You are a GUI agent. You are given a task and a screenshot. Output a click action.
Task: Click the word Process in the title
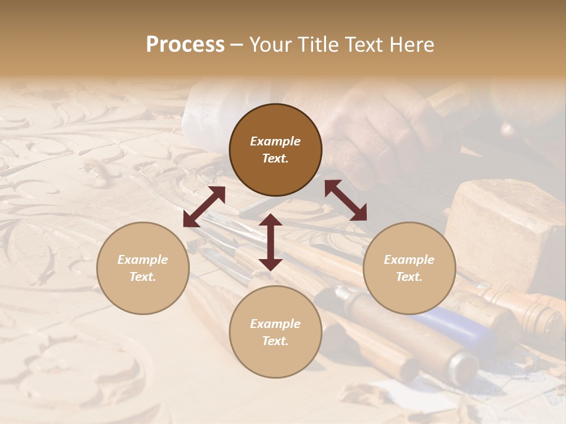[185, 45]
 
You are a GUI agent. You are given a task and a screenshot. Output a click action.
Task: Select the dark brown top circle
[275, 150]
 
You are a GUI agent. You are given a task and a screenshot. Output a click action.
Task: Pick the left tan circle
[143, 269]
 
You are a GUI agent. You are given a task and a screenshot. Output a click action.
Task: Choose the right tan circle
[409, 269]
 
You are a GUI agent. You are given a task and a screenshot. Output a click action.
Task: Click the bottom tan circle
[275, 332]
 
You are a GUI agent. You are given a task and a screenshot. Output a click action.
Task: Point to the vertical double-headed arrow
[271, 242]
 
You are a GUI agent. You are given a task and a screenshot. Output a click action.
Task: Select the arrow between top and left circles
[204, 207]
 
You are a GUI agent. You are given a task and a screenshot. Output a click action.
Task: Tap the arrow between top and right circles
[345, 200]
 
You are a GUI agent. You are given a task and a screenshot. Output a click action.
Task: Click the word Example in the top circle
[275, 141]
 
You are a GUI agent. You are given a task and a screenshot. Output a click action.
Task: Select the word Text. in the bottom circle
[275, 341]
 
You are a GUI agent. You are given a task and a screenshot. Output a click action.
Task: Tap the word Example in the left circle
[143, 260]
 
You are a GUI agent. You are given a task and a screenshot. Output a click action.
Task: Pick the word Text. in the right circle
[409, 277]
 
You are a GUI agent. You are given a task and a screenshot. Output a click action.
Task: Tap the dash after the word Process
[236, 45]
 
